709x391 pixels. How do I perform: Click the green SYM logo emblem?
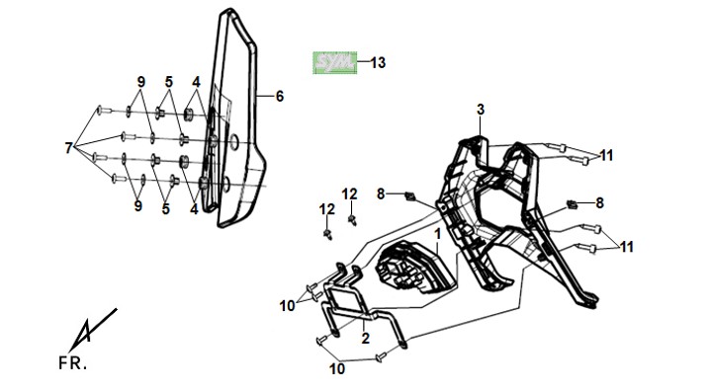point(334,63)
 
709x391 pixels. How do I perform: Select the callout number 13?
point(378,63)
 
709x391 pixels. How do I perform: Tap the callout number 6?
point(280,96)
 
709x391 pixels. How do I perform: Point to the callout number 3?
point(481,110)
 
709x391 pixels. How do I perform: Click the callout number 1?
point(437,234)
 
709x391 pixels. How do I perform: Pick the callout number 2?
point(365,338)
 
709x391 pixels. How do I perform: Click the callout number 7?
point(68,148)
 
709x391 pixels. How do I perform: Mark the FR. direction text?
point(72,363)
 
